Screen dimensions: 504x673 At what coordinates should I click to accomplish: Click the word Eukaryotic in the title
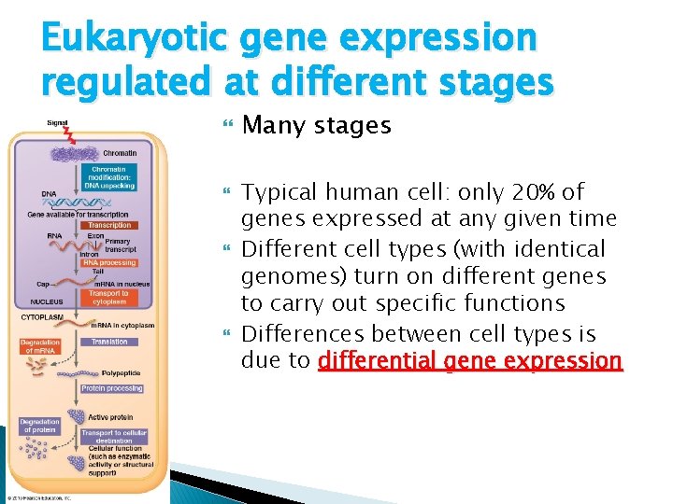[x=136, y=38]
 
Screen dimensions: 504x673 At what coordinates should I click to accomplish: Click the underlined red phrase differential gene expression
[x=469, y=359]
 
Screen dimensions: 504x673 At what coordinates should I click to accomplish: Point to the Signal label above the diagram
[x=58, y=122]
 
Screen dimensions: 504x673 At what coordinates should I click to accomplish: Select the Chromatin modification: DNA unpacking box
[x=111, y=176]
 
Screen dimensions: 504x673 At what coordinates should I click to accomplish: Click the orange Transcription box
[x=109, y=225]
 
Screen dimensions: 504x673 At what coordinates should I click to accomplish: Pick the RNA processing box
[x=110, y=263]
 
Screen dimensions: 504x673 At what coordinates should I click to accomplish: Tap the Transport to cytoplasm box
[x=109, y=297]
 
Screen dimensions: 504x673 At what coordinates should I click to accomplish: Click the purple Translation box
[x=109, y=342]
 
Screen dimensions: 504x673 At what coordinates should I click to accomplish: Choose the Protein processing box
[x=112, y=388]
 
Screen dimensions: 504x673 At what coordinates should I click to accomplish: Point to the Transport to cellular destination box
[x=115, y=437]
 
